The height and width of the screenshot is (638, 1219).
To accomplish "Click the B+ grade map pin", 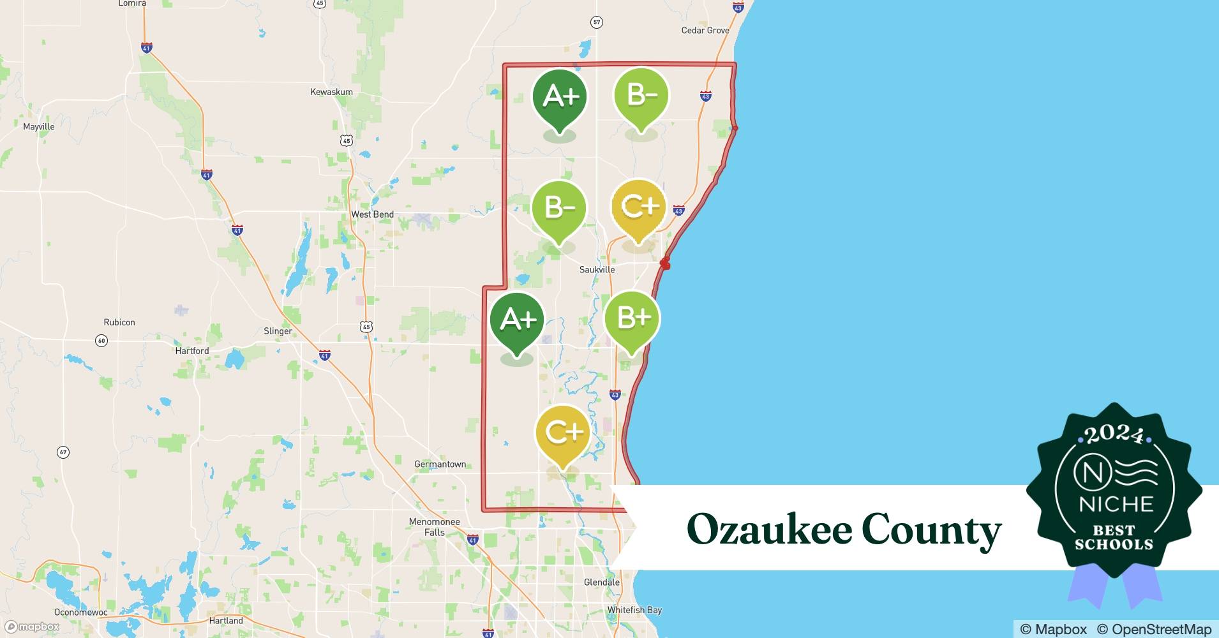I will [632, 318].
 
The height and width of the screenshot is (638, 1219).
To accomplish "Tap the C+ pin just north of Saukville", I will [639, 207].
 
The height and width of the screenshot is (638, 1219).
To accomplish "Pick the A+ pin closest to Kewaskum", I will [560, 97].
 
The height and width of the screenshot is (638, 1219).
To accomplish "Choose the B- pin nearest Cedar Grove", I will [641, 96].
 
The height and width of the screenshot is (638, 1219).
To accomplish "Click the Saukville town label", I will [597, 269].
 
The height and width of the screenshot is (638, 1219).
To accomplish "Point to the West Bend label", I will [372, 214].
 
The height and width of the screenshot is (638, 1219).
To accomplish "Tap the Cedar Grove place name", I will [705, 30].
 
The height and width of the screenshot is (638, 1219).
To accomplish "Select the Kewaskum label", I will [331, 92].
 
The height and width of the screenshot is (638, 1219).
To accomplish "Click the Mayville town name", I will [39, 126].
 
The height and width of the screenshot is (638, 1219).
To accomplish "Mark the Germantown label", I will [440, 464].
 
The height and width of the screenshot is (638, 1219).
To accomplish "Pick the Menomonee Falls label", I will [434, 526].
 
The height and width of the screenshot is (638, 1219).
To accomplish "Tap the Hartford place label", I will [192, 350].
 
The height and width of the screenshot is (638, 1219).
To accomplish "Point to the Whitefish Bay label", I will [634, 610].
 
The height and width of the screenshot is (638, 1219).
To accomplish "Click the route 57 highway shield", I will [596, 22].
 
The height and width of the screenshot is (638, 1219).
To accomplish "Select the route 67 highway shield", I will [63, 452].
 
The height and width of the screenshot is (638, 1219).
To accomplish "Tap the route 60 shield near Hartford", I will [101, 341].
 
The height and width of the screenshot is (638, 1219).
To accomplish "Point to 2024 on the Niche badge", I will [1114, 434].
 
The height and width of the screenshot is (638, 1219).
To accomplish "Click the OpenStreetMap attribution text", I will [1154, 629].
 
